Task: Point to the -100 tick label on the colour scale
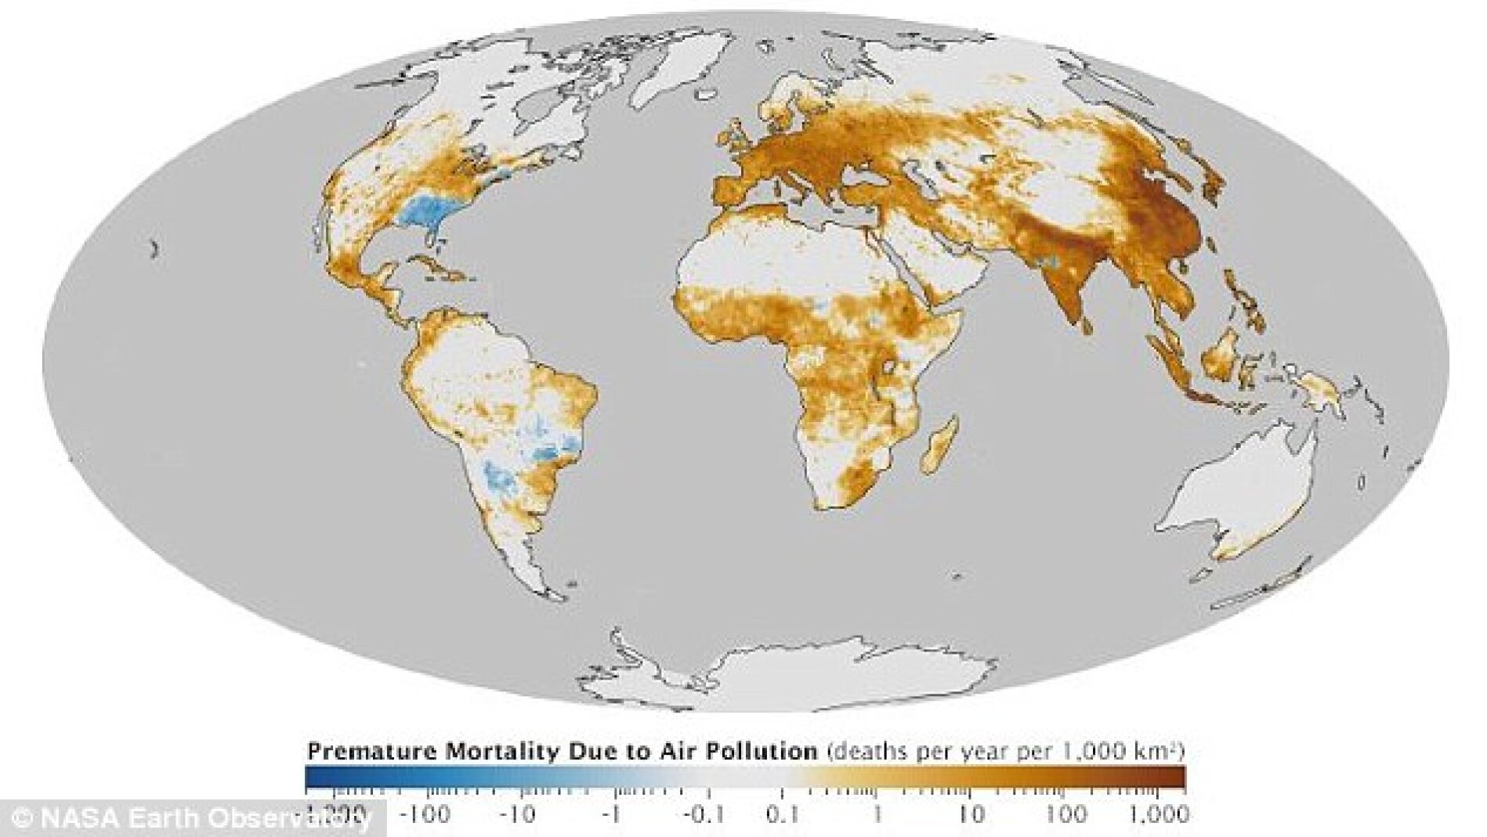[x=424, y=815]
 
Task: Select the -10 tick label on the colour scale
[x=518, y=815]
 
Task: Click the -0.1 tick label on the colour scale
[x=703, y=815]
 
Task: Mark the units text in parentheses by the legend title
[x=1003, y=752]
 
